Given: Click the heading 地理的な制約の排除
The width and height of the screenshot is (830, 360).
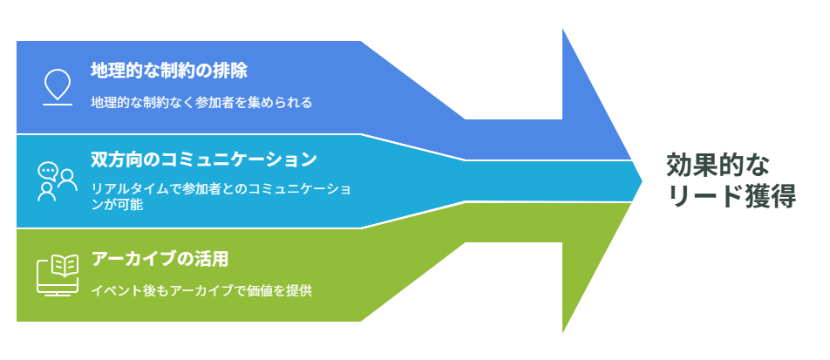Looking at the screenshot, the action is point(169,71).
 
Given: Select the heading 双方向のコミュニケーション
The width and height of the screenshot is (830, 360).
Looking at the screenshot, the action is point(204,160).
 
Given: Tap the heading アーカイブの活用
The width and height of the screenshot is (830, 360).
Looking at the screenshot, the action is point(160,260).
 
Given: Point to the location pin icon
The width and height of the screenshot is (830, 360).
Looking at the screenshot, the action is point(58,84).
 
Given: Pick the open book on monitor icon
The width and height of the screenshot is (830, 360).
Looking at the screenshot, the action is point(58,275).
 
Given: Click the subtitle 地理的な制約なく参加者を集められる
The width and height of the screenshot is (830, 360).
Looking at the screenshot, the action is point(201,102).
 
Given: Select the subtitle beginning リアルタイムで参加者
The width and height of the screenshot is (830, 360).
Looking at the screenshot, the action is point(221,197).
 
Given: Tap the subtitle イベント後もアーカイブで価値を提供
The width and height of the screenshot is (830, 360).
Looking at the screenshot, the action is point(201,290).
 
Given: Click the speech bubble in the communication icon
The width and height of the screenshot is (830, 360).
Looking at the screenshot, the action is point(48,171).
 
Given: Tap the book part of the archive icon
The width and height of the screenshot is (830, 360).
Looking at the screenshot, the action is point(65,266).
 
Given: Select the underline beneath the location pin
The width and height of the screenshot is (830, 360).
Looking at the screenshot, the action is point(58,105).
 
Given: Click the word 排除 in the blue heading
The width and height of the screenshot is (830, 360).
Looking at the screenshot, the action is point(231,71).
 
